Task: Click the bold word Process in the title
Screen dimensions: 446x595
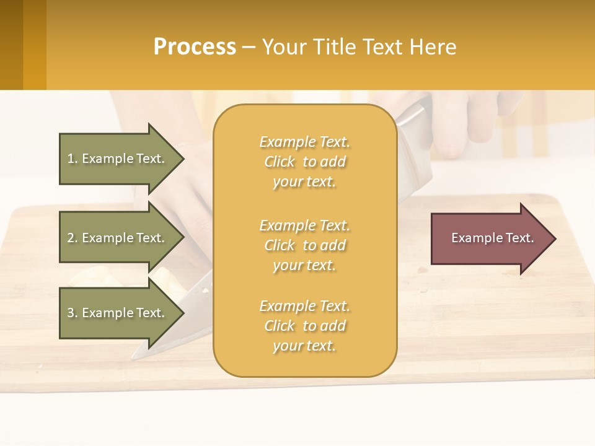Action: (x=195, y=47)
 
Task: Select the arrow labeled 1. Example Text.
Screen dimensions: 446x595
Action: (x=118, y=159)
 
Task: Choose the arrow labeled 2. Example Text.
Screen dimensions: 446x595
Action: (x=118, y=238)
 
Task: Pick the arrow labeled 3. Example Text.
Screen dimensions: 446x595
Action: (x=118, y=313)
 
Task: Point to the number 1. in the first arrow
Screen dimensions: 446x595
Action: (x=73, y=159)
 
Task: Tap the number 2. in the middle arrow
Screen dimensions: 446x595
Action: (x=73, y=238)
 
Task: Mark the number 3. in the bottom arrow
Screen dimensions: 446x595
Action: (x=73, y=313)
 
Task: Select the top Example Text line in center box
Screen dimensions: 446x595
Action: (x=304, y=142)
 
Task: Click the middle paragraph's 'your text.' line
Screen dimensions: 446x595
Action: (x=304, y=265)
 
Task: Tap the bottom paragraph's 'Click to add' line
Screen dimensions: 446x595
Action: (x=304, y=326)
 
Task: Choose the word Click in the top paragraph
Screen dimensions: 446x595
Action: (x=280, y=162)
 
